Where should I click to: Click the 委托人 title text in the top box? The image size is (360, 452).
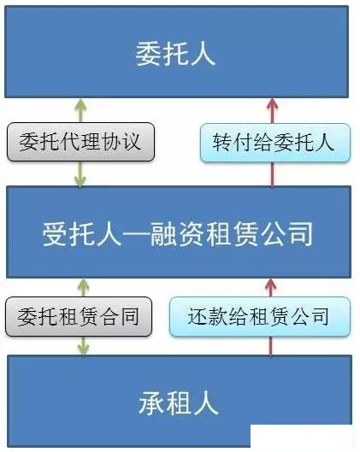[175, 54]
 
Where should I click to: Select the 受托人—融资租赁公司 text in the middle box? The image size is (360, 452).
[178, 234]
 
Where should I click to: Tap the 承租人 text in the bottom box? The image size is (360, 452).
[178, 402]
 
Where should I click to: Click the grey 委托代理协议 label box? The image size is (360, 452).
[80, 142]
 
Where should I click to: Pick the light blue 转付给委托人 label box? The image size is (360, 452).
[275, 143]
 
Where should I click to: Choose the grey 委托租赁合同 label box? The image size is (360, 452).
[79, 317]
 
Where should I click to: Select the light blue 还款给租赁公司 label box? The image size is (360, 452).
[260, 316]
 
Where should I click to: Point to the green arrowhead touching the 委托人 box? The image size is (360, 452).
[80, 104]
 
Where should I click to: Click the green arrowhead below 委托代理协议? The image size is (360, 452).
[80, 179]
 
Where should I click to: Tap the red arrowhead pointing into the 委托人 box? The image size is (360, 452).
[272, 104]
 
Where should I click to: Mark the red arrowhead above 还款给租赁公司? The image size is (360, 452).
[270, 285]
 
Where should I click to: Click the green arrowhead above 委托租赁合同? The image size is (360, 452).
[83, 285]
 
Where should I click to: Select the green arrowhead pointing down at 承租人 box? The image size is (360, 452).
[83, 349]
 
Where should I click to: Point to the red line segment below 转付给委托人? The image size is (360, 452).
[272, 174]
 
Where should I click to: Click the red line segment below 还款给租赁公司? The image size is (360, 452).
[270, 346]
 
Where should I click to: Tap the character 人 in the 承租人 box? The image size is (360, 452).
[206, 403]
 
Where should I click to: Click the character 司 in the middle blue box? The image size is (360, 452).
[301, 234]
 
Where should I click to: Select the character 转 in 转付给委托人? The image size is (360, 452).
[222, 143]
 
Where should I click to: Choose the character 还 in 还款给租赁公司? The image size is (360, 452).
[198, 316]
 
